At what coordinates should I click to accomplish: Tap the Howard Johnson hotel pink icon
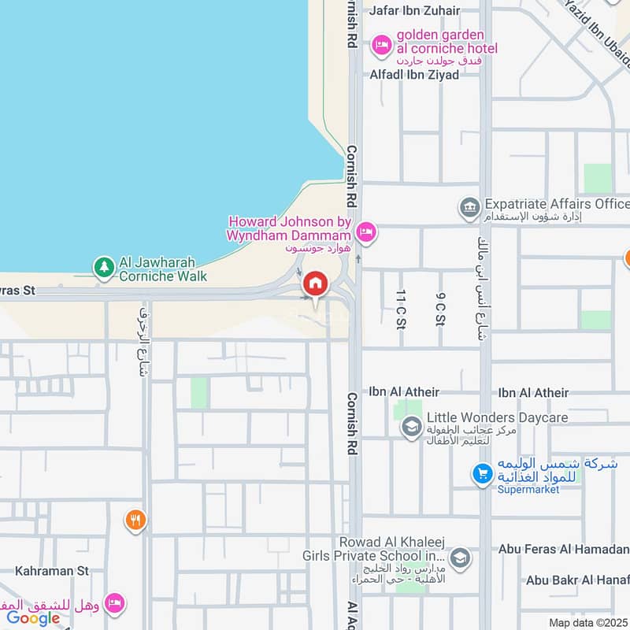tap(365, 232)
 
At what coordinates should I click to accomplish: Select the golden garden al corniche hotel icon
tap(382, 45)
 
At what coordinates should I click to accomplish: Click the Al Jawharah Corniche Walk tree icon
tap(104, 268)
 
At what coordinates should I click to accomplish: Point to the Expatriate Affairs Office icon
tap(469, 208)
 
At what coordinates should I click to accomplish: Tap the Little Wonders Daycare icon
tap(411, 426)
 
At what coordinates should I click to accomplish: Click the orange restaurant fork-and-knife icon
tap(135, 519)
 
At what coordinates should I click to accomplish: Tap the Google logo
tap(33, 618)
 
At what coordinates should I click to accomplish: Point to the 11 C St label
tap(401, 308)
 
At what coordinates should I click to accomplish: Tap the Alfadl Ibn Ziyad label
tap(415, 76)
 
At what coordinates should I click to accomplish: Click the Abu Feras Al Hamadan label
tap(564, 549)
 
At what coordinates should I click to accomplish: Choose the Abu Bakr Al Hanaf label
tap(578, 580)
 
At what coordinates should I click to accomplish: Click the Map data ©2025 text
tap(587, 623)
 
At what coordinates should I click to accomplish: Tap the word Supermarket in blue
tap(528, 489)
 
